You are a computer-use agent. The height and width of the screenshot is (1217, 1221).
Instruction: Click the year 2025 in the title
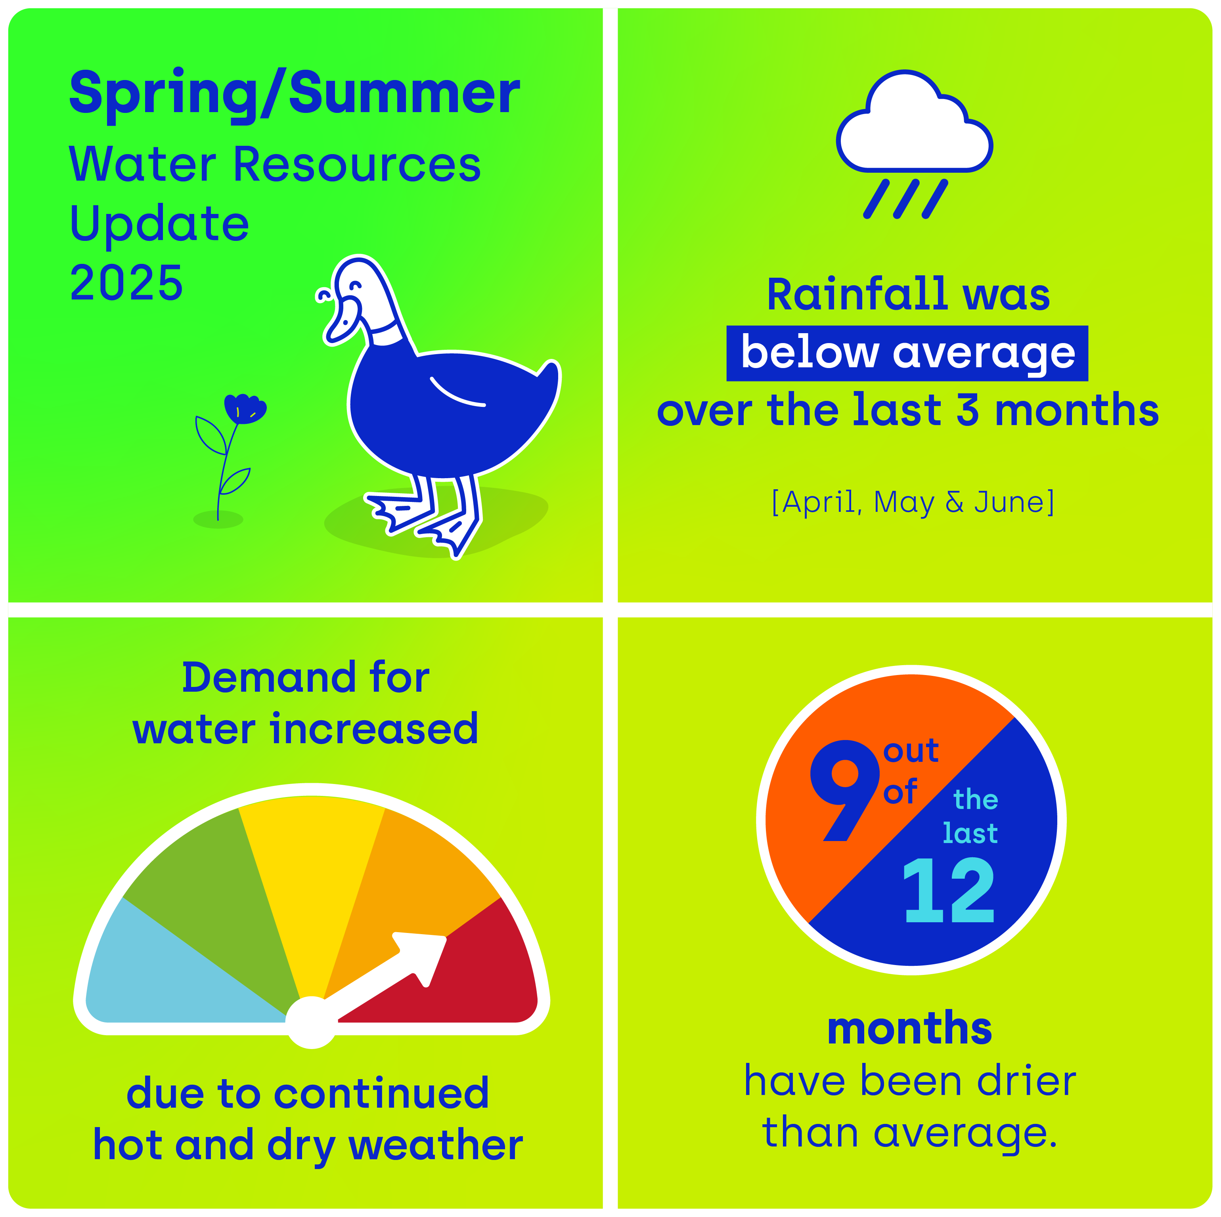coord(126,282)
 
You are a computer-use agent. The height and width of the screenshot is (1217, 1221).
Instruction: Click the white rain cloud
coord(914,124)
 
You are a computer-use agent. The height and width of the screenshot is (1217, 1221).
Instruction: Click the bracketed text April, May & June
coord(913,503)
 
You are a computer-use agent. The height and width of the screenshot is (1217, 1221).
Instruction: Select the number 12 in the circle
coord(949,891)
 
